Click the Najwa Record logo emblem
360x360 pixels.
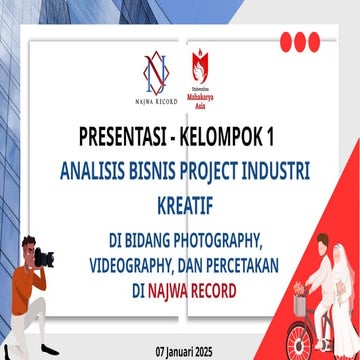click(x=155, y=72)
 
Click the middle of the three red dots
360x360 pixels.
click(x=300, y=42)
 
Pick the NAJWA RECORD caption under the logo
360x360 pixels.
click(x=155, y=100)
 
